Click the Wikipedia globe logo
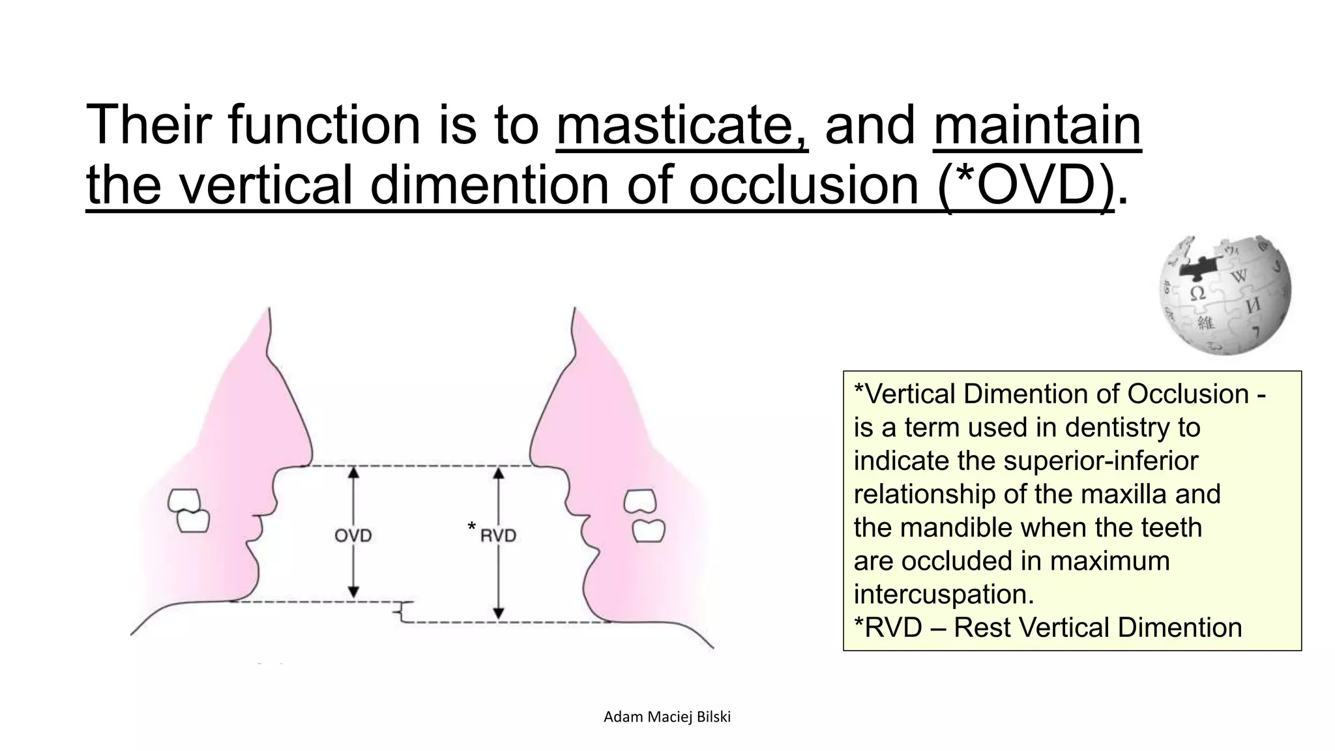tap(1225, 295)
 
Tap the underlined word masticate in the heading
tap(681, 125)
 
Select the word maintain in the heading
tap(1036, 125)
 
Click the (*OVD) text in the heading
tap(1026, 185)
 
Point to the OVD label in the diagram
tap(353, 536)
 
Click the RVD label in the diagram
tap(498, 536)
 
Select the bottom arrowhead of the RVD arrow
tap(499, 613)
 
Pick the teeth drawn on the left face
tap(188, 510)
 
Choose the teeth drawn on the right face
tap(644, 516)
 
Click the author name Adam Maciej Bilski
tap(667, 717)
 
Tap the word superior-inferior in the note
tap(1100, 461)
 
